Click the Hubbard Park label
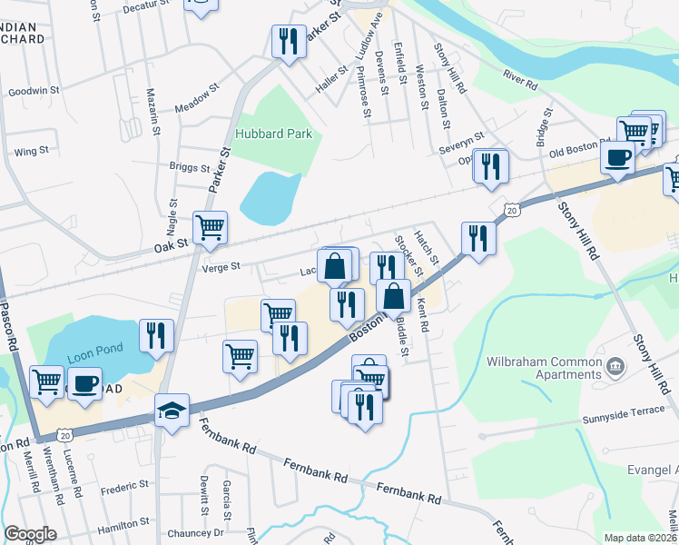tap(273, 134)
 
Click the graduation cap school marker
tap(172, 411)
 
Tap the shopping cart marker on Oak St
tap(210, 228)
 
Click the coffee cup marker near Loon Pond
tap(85, 383)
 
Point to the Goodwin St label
tap(34, 91)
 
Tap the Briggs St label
tap(190, 168)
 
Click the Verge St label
tap(222, 267)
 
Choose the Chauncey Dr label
tap(195, 534)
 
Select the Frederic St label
tap(126, 490)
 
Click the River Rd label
tap(521, 81)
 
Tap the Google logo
tap(30, 534)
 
